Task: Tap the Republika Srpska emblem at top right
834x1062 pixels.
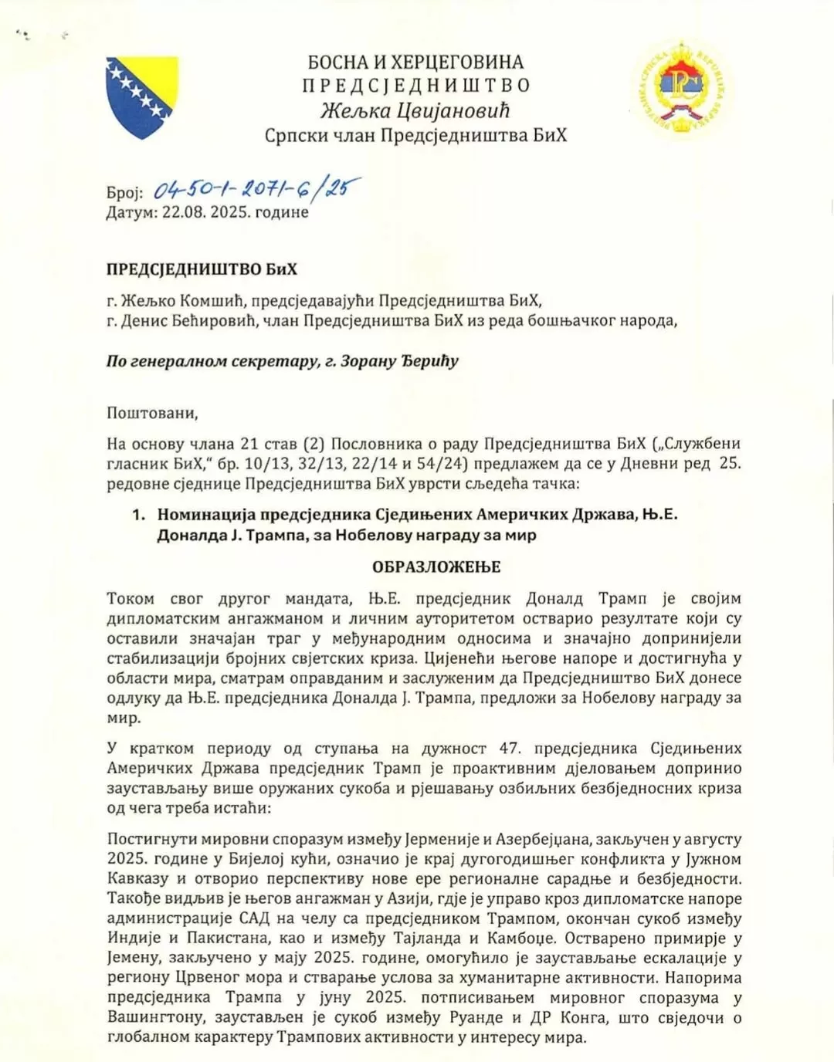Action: (682, 87)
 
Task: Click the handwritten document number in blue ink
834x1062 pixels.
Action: (256, 188)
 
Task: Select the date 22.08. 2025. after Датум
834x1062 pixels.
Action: (206, 212)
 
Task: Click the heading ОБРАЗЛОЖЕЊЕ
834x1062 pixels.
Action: (436, 567)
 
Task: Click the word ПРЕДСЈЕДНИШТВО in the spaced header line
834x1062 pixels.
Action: (415, 86)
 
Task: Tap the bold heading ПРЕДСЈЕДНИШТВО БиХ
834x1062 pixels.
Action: (202, 269)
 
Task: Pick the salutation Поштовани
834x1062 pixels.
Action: (152, 413)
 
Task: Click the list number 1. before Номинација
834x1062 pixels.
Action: (138, 515)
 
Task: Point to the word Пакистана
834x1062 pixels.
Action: (222, 939)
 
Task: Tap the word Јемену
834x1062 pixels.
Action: (131, 959)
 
